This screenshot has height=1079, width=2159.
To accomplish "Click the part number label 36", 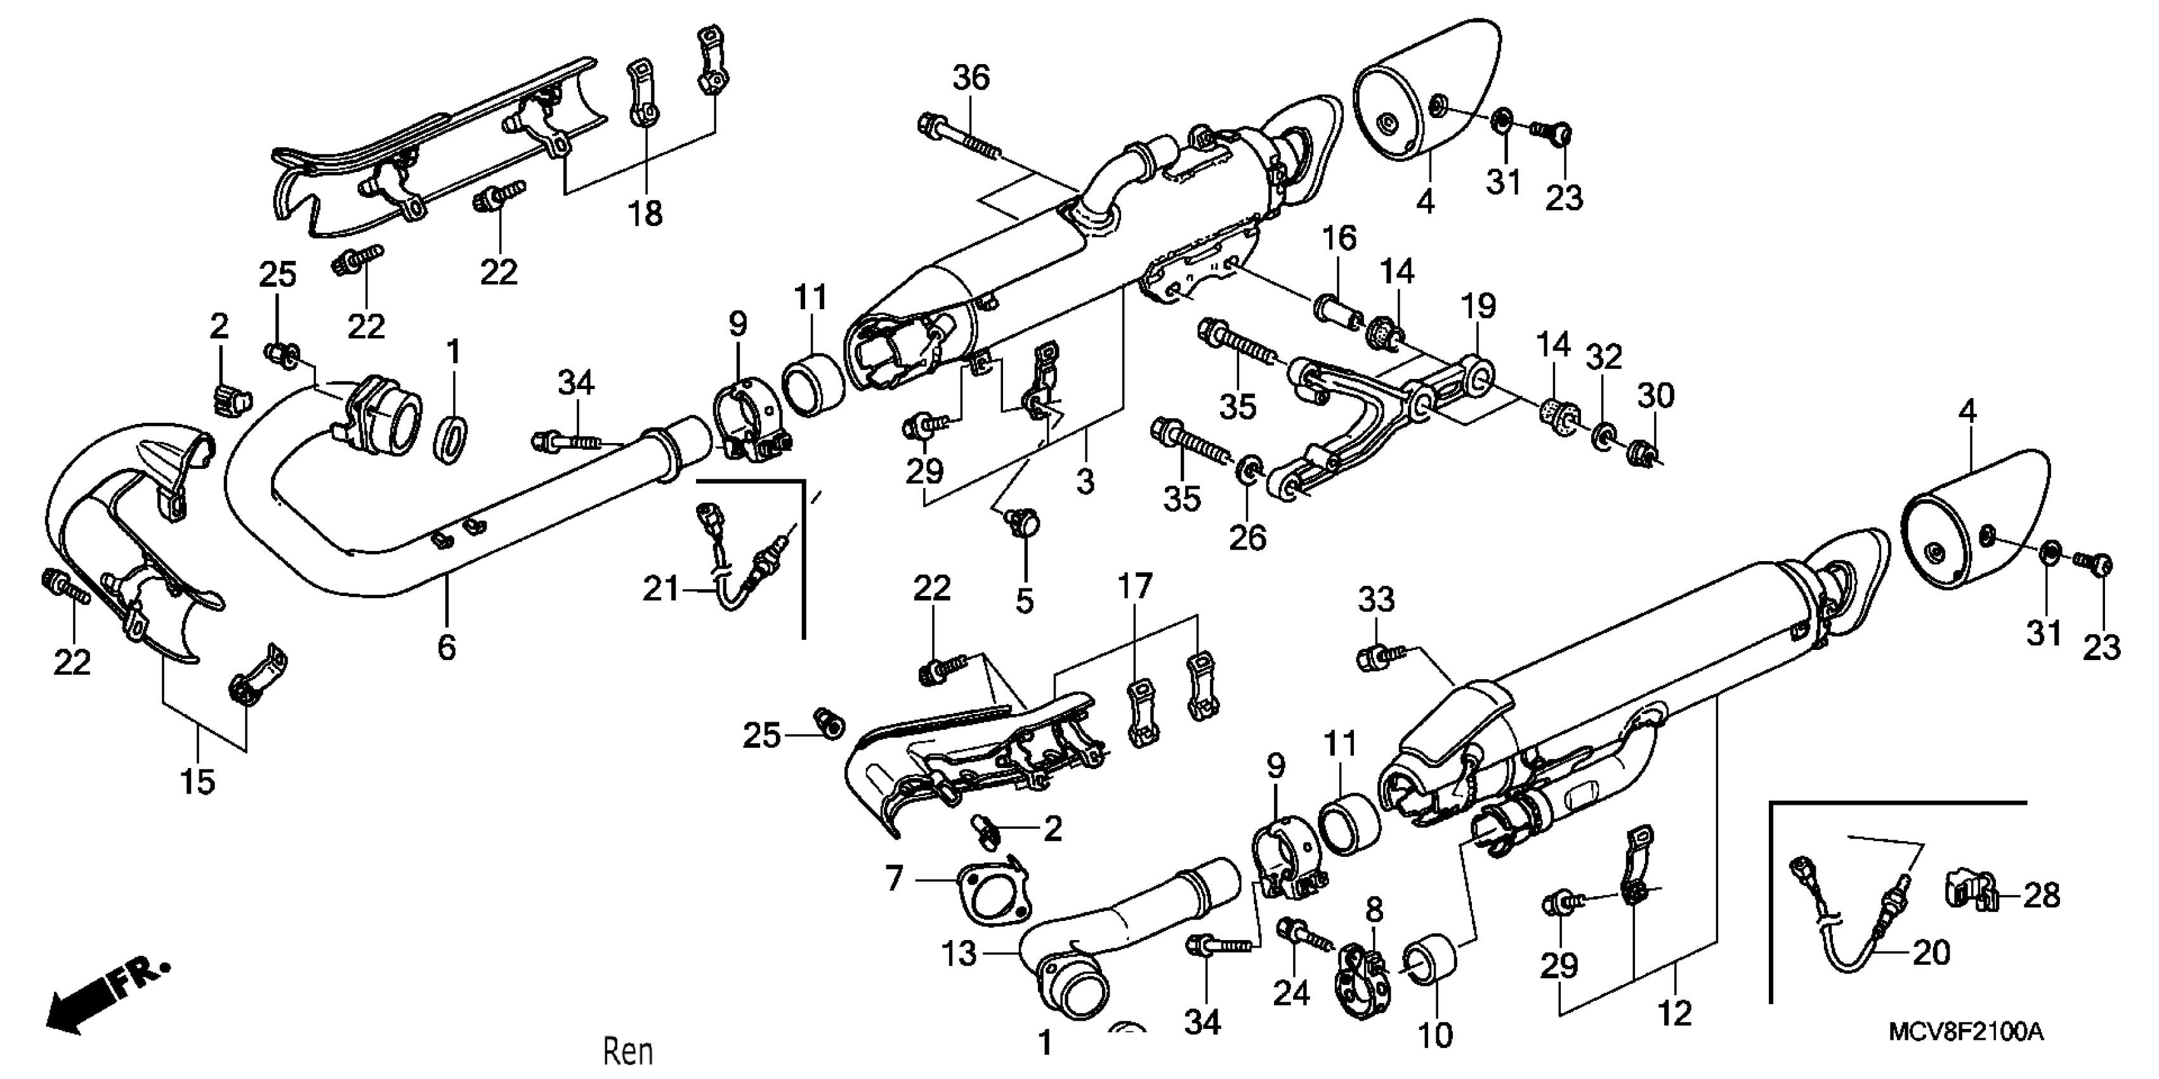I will [x=971, y=78].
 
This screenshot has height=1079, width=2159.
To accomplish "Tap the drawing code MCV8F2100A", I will [x=1965, y=1032].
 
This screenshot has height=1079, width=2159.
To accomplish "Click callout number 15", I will [x=198, y=781].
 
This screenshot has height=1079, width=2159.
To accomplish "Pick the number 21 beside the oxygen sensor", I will [x=661, y=590].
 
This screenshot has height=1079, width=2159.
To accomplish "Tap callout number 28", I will [x=2041, y=896].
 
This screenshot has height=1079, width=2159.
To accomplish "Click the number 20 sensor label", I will [x=1931, y=953].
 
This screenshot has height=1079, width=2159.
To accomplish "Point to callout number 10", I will [x=1435, y=1035].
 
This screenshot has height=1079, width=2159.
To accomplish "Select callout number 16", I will [x=1339, y=238].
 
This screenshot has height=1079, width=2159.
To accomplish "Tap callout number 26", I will [x=1247, y=538].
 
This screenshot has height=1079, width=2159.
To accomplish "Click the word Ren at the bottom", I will [x=627, y=1051].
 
